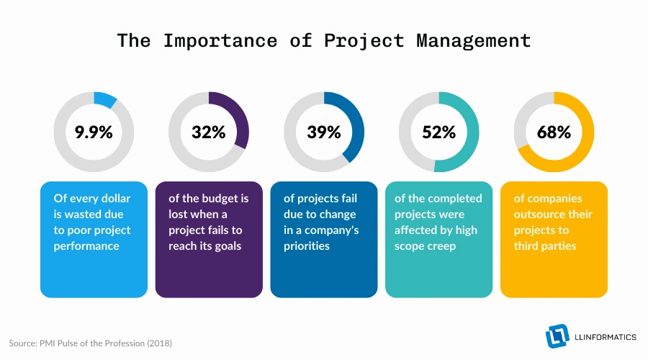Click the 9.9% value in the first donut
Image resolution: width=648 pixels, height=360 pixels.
[x=93, y=132]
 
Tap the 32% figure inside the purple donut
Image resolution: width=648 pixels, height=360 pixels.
[x=208, y=132]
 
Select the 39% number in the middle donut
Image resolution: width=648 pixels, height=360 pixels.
[x=323, y=132]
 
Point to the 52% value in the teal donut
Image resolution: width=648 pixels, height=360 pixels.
[x=438, y=132]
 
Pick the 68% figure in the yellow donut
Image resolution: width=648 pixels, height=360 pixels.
[x=554, y=132]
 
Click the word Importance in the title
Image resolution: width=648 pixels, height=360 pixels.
[x=220, y=40]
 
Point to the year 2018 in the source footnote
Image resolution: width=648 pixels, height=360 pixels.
[x=159, y=343]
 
